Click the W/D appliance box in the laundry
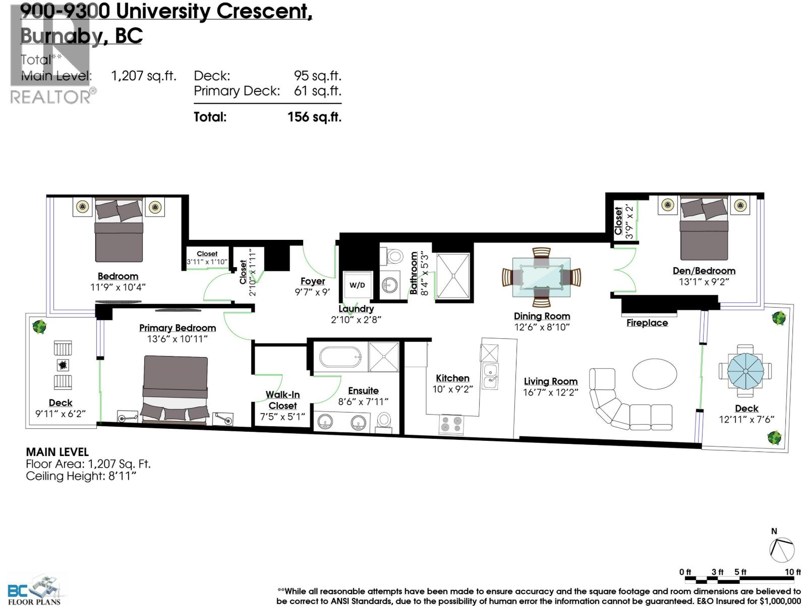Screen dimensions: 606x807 point(357,285)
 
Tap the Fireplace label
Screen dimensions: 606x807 point(647,323)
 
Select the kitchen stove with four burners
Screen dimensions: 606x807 point(451,424)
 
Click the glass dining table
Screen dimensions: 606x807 point(541,277)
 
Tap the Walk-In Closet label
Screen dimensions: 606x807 point(282,400)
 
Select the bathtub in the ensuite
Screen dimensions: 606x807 point(341,357)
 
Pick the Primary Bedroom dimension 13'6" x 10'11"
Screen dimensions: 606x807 point(177,339)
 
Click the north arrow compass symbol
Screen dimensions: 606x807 point(782,549)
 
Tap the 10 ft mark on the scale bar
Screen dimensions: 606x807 point(793,572)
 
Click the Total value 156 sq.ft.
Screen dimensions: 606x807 point(314,117)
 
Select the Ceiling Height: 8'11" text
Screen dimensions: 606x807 point(81,476)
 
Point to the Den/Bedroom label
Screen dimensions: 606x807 point(704,271)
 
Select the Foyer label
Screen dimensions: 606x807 point(313,281)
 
